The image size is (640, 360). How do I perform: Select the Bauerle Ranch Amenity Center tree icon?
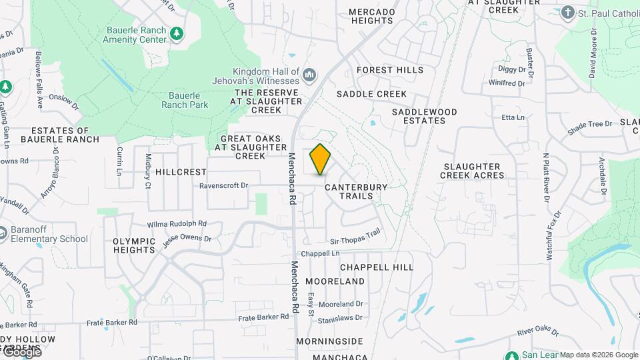click(176, 33)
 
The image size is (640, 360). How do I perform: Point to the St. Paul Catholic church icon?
click(567, 13)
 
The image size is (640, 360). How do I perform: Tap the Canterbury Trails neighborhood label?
click(355, 191)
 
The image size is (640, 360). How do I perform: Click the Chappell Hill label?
click(377, 267)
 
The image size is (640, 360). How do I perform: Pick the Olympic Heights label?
click(134, 245)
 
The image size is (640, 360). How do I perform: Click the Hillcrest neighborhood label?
click(181, 171)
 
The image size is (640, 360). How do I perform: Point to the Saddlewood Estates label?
click(424, 116)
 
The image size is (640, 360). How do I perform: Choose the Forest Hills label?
click(390, 70)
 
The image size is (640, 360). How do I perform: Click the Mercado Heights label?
click(371, 16)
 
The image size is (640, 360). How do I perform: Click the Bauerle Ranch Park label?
click(185, 100)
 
